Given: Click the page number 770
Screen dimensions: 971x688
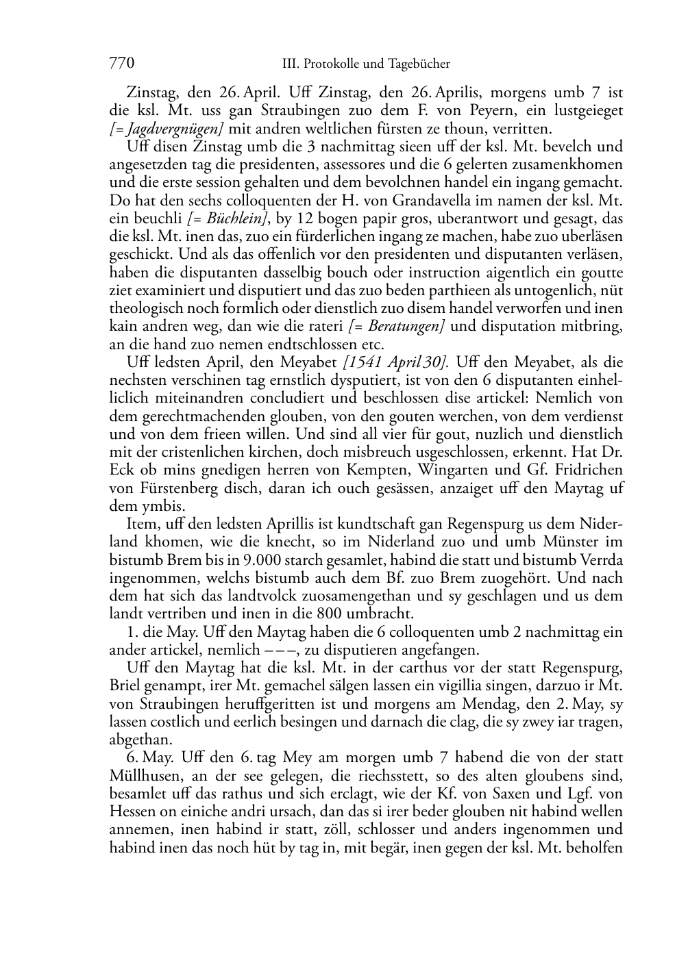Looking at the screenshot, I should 121,64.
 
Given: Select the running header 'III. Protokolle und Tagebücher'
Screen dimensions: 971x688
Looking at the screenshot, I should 366,64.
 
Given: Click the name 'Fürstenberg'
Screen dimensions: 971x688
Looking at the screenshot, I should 175,488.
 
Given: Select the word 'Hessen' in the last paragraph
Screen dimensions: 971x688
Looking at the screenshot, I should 132,811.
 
